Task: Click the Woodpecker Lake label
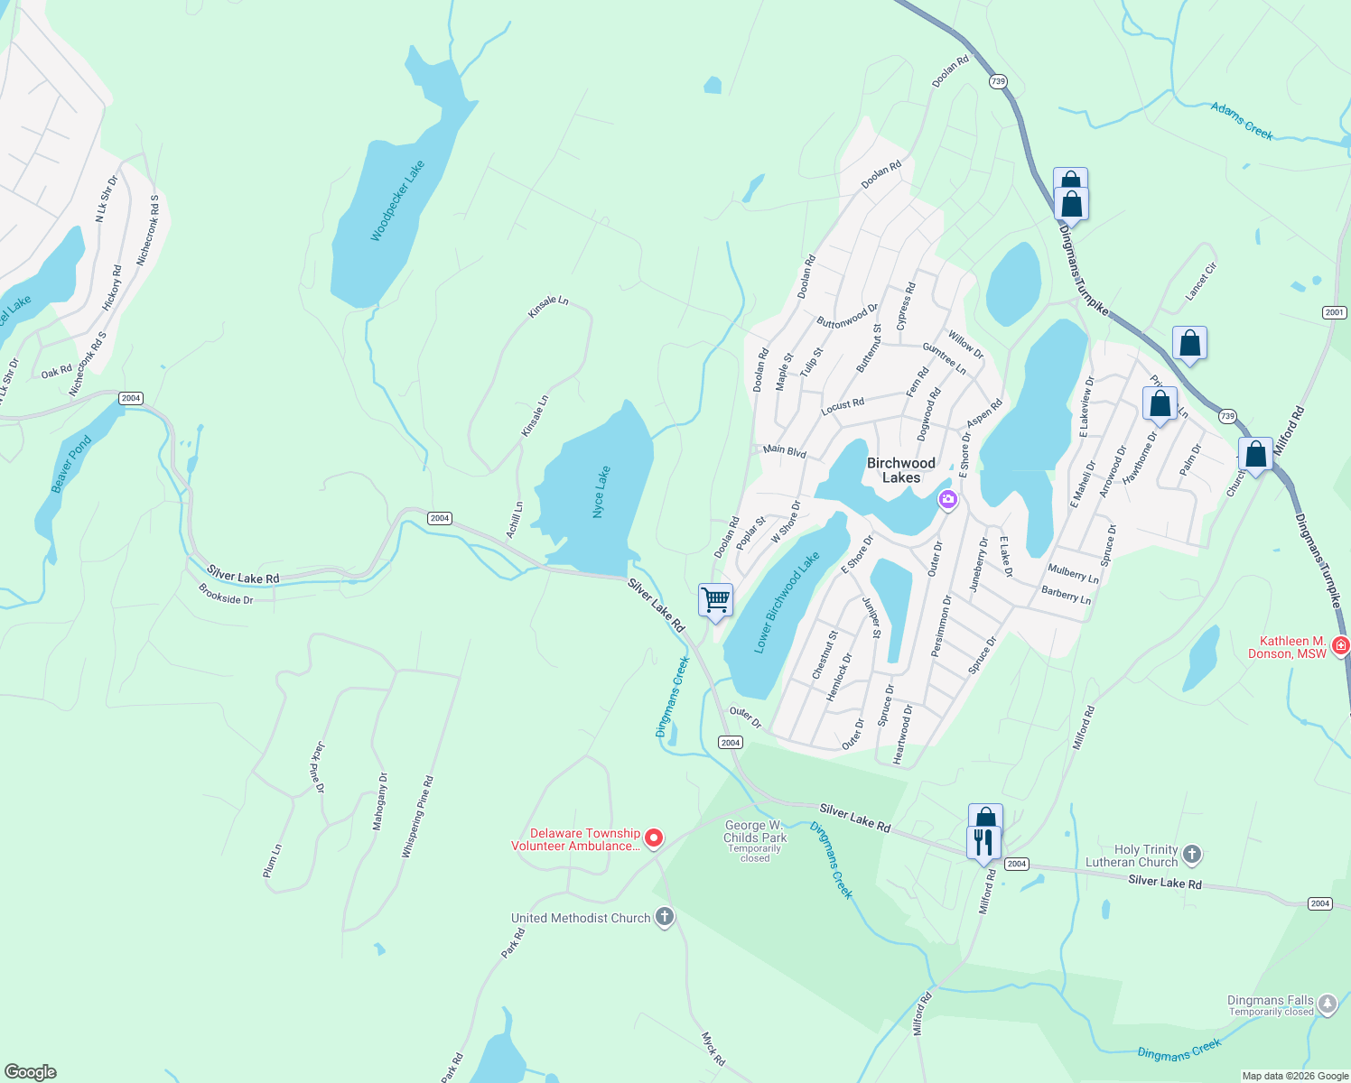point(397,201)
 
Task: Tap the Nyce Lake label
point(601,492)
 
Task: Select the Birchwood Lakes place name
point(900,470)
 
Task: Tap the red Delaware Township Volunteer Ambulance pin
point(654,838)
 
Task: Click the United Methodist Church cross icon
point(665,918)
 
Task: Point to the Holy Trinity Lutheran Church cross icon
point(1192,854)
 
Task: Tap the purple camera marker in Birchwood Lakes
point(947,499)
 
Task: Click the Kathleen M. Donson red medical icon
point(1340,645)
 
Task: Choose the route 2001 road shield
point(1334,312)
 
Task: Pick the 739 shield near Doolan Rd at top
point(997,81)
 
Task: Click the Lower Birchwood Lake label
point(787,603)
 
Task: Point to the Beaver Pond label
point(71,465)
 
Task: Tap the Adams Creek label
point(1242,121)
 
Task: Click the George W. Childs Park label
point(755,831)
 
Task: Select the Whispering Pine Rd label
point(418,817)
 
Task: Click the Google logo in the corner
point(31,1071)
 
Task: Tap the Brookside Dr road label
point(226,594)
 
